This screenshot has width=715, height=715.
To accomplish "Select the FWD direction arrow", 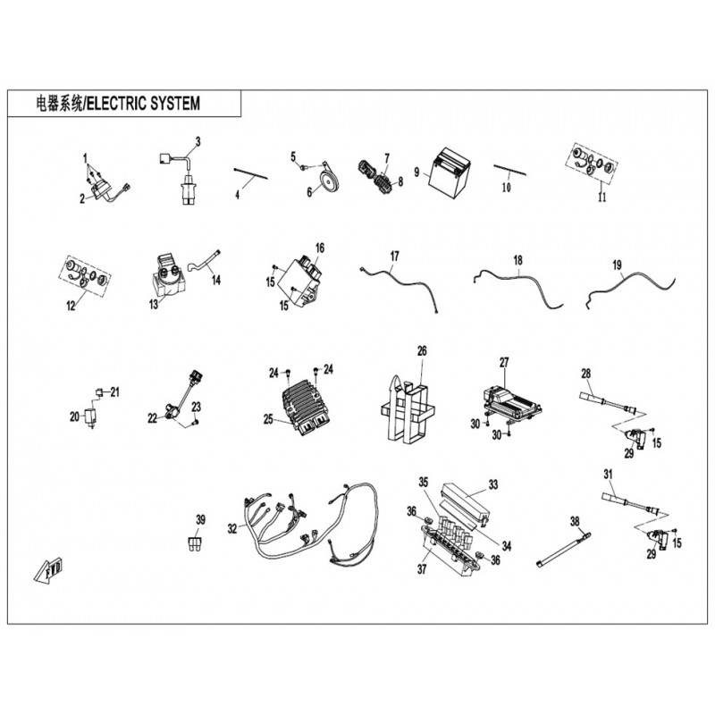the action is [x=49, y=569].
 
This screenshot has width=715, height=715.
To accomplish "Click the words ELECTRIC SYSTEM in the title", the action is [x=143, y=104].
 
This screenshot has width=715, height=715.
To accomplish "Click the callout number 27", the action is [x=504, y=363].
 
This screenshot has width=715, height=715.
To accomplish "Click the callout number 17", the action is [x=394, y=256].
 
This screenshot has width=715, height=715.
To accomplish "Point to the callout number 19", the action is [x=617, y=265].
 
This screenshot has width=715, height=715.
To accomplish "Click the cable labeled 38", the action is [x=564, y=550].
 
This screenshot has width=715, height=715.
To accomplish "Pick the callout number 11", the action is [x=601, y=198].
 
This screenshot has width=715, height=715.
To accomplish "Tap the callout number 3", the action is [x=198, y=142].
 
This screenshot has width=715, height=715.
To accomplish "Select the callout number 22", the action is [x=152, y=418].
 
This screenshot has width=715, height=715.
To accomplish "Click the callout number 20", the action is [x=74, y=416].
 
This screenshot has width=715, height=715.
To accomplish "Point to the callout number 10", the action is [x=507, y=188].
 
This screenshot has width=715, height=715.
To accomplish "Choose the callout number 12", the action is [x=71, y=306].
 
